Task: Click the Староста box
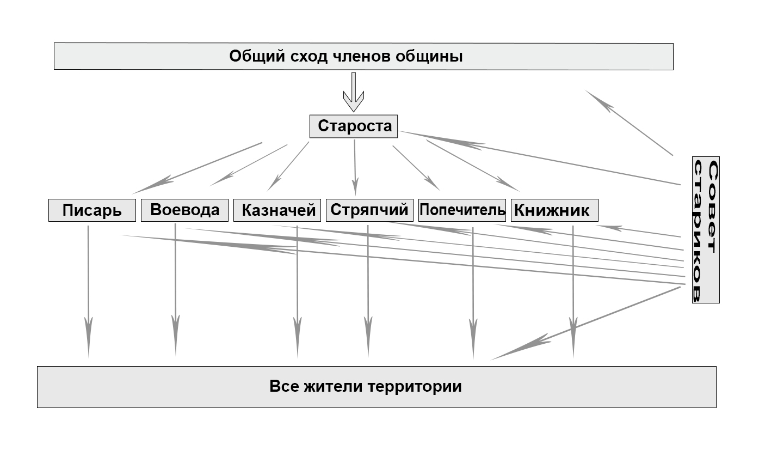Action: point(354,126)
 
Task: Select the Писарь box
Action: point(92,210)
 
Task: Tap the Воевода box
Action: point(185,210)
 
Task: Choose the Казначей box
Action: point(277,210)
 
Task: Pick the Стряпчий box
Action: point(369,210)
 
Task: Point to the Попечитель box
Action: point(462,210)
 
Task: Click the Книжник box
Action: point(554,210)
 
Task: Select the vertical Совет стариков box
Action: point(706,230)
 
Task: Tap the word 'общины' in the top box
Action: point(429,57)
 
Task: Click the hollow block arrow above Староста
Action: point(354,92)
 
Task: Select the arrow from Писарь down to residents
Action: point(89,291)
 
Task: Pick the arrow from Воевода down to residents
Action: point(176,290)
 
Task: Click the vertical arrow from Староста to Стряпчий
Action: point(355,168)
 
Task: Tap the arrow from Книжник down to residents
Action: point(573,291)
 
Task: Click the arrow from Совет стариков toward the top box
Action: point(629,123)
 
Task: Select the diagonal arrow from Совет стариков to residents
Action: point(585,324)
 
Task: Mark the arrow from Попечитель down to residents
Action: point(473,294)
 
